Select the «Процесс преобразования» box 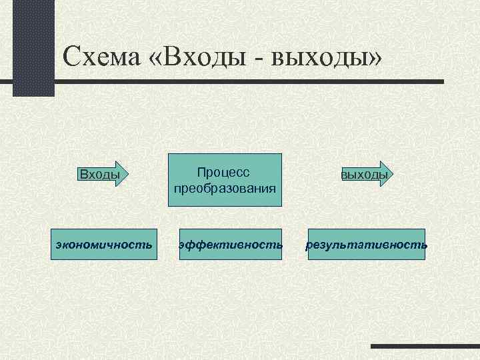[x=225, y=180]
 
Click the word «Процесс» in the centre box [x=224, y=171]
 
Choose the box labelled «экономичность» [x=104, y=245]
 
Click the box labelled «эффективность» [x=230, y=245]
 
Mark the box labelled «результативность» [x=366, y=245]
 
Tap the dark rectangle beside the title [x=33, y=47]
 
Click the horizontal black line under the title [x=267, y=81]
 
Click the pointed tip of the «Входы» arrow [x=128, y=174]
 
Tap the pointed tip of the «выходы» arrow [x=393, y=174]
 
